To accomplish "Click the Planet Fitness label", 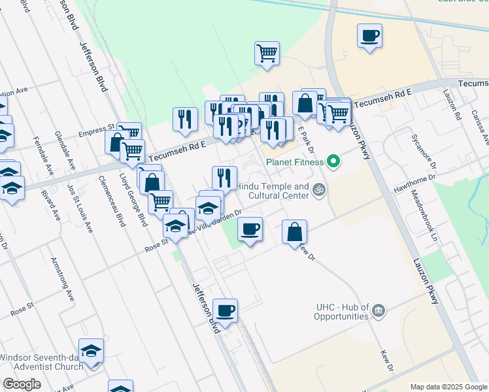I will tap(294, 162).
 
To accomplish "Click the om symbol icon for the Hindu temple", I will tap(319, 190).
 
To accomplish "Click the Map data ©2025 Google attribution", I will tap(448, 387).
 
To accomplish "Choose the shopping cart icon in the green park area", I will tap(267, 53).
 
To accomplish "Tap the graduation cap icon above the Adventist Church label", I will tap(91, 350).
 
